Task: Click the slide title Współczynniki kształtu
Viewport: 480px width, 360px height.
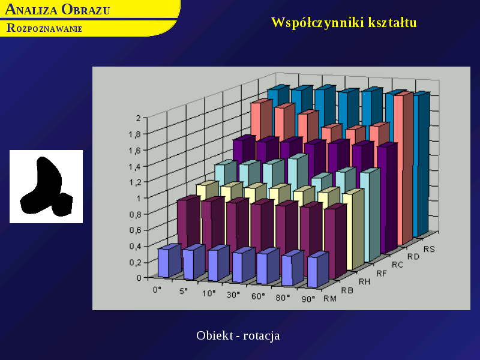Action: point(344,23)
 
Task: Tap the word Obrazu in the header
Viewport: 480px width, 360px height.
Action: point(86,10)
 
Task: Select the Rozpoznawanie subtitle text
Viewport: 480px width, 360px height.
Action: point(44,28)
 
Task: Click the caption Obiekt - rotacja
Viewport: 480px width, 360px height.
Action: point(238,335)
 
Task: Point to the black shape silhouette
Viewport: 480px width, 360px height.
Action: point(46,186)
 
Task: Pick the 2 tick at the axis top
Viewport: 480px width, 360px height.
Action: point(139,118)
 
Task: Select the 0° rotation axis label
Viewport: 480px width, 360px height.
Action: point(157,289)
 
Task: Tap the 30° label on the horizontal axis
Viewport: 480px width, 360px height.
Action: point(233,295)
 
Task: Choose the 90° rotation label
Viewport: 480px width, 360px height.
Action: point(308,299)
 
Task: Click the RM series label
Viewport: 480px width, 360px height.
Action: point(330,298)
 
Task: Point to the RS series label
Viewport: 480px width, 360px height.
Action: point(429,250)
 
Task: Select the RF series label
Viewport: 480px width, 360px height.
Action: point(382,274)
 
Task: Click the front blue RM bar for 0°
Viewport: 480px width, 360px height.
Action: point(169,261)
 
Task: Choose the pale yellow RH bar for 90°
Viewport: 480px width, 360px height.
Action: point(353,230)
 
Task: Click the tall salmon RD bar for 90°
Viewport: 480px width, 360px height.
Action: point(403,169)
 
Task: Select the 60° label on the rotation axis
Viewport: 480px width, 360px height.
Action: point(258,296)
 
